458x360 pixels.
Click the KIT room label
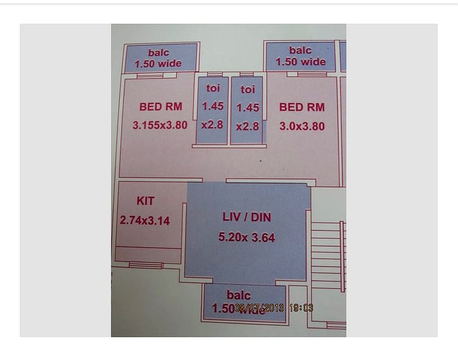coord(145,201)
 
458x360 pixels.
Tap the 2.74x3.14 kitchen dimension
coord(144,221)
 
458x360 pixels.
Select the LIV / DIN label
coord(246,217)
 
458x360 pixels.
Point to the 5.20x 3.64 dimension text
coord(246,237)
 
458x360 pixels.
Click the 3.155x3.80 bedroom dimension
coord(160,125)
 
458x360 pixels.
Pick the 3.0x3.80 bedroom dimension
coord(302,126)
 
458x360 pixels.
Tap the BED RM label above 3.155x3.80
coord(160,107)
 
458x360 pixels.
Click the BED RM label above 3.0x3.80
coord(302,107)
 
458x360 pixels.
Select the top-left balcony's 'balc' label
coord(159,52)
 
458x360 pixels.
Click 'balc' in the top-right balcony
coord(301,50)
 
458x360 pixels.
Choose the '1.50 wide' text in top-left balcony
coord(159,64)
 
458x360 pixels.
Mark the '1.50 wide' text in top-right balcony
coord(301,61)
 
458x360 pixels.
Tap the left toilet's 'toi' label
coord(213,88)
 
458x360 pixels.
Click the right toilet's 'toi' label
coord(247,89)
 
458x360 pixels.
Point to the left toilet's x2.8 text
coord(212,125)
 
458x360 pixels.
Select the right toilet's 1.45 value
coord(247,108)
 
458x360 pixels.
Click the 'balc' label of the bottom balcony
coord(239,295)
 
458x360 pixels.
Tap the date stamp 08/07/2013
coord(259,308)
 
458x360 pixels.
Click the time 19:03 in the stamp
coord(301,308)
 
